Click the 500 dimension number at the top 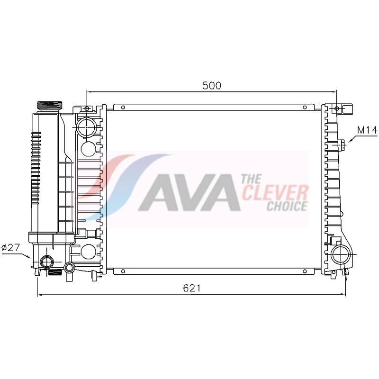tap(212, 85)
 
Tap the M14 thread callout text tap(367, 129)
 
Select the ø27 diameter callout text tap(10, 247)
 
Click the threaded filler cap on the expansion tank tap(50, 105)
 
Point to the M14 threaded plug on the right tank tap(342, 144)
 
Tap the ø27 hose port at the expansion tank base tap(47, 261)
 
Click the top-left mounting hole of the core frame tap(122, 107)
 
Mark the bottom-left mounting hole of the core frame tap(122, 271)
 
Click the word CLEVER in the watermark tap(275, 193)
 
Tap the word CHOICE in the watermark tap(287, 206)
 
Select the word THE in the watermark tap(251, 179)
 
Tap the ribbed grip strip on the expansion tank tap(36, 166)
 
